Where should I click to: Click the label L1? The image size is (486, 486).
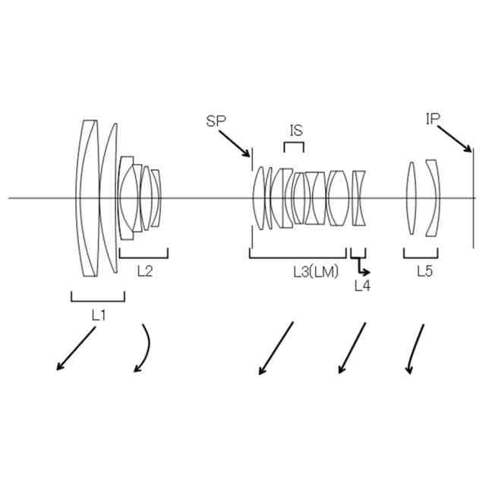pyautogui.click(x=97, y=311)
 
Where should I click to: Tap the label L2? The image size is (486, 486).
pyautogui.click(x=144, y=270)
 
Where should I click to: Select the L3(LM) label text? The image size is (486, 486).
pyautogui.click(x=316, y=271)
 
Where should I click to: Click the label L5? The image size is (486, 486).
pyautogui.click(x=424, y=270)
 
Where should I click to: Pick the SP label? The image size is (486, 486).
pyautogui.click(x=215, y=121)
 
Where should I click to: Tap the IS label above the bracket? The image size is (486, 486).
pyautogui.click(x=296, y=130)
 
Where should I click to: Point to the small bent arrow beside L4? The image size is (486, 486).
pyautogui.click(x=362, y=267)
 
